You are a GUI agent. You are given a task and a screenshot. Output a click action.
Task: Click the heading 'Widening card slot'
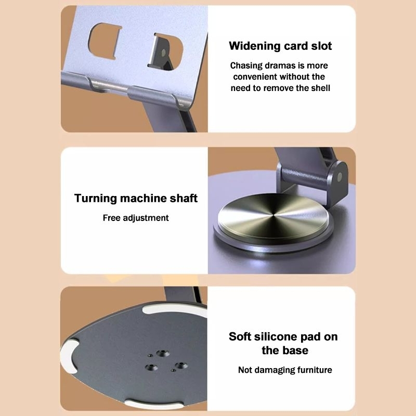[280, 46]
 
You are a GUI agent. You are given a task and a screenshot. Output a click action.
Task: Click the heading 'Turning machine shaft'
[136, 198]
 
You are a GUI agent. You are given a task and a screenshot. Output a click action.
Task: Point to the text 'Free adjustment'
[136, 218]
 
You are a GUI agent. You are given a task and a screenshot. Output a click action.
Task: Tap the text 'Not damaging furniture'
[285, 370]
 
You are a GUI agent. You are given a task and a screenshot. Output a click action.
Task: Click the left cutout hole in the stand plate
[104, 41]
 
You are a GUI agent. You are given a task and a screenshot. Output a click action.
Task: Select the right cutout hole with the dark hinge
[165, 51]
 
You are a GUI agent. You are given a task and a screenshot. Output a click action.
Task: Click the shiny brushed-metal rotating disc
[274, 216]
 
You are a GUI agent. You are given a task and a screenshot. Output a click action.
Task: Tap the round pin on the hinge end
[340, 177]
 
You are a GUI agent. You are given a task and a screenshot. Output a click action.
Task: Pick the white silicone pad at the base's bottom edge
[154, 404]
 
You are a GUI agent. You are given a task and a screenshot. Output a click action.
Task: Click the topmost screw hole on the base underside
[163, 354]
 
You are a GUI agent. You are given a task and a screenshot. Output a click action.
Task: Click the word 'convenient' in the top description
[255, 76]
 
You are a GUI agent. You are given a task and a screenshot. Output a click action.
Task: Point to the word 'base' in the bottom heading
[295, 350]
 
